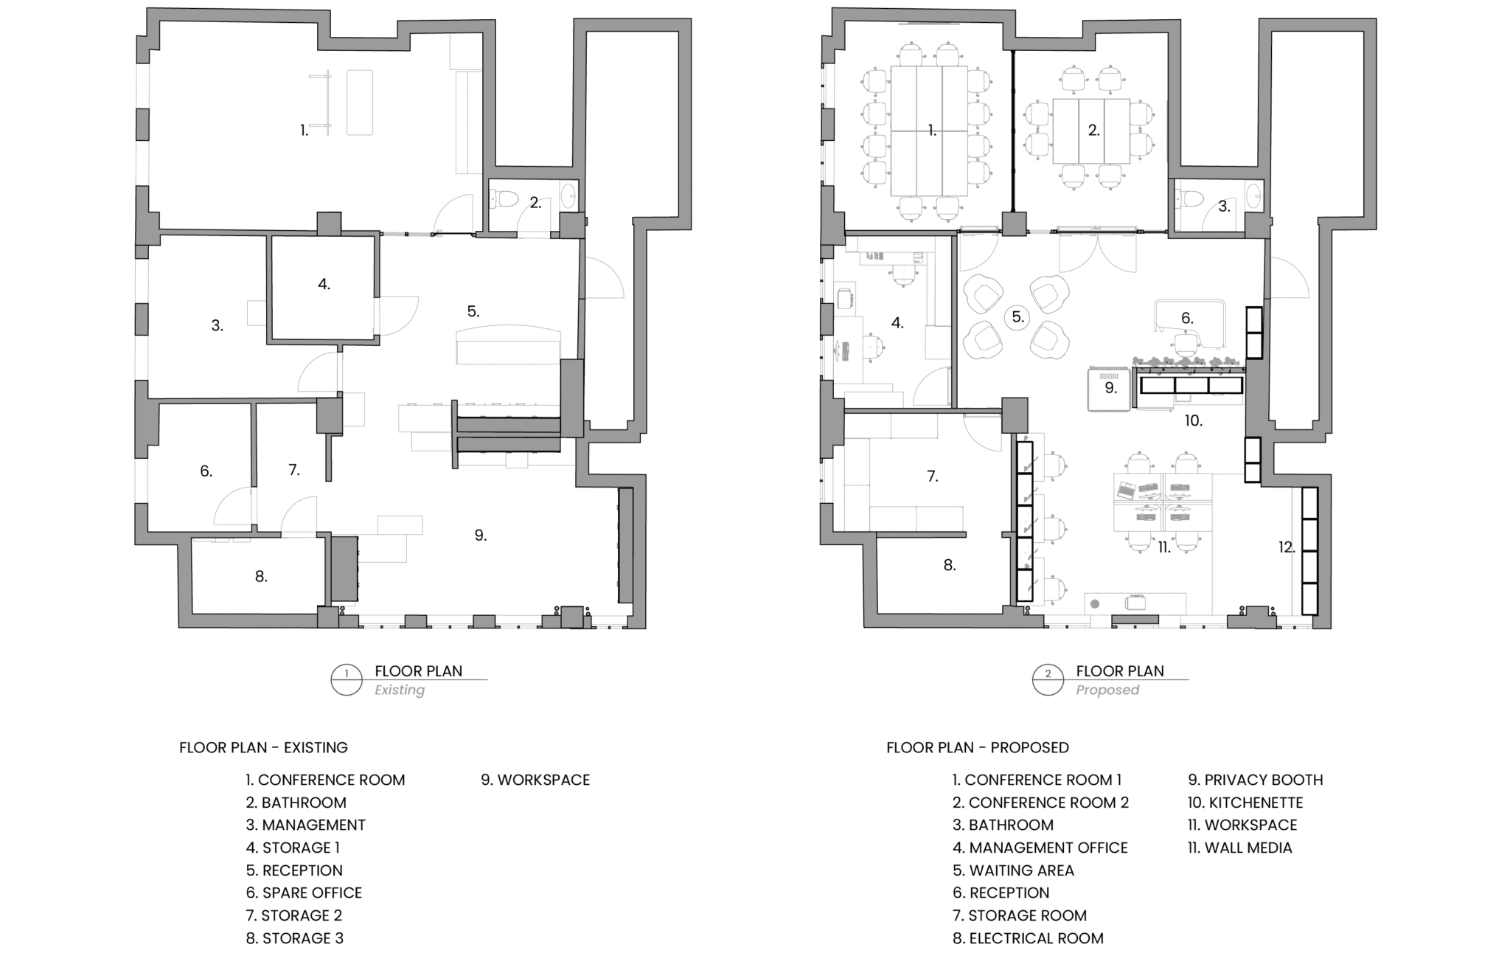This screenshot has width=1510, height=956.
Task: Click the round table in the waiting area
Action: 1018,317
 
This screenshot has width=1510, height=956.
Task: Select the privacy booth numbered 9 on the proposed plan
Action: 1109,389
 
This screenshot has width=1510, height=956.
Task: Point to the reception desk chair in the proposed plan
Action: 1186,345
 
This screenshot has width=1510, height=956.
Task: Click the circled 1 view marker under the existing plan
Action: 347,680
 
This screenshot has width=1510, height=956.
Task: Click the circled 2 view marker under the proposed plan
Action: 1048,680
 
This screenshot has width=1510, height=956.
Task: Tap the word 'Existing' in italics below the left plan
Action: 400,690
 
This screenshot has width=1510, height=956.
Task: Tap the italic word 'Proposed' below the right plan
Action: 1107,690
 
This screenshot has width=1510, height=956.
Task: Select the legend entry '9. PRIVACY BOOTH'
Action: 1256,780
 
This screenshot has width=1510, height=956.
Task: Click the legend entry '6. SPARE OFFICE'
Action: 304,893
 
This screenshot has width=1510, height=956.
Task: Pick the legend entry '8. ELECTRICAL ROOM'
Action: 1028,938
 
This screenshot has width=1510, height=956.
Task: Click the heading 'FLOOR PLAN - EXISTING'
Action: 263,747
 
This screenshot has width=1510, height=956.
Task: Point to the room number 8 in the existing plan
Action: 261,577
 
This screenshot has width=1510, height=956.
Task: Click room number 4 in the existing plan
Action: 324,284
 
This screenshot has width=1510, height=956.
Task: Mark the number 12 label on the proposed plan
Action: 1287,547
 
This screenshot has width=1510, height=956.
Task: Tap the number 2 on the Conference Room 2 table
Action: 1093,131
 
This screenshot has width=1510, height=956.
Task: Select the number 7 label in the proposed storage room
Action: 933,477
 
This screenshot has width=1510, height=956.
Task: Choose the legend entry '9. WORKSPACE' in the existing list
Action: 535,780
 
